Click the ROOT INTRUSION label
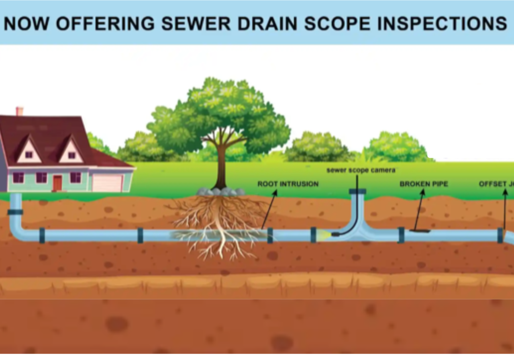tap(288, 184)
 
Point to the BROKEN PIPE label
tap(424, 184)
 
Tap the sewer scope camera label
tap(361, 170)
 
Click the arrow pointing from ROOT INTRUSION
tap(269, 209)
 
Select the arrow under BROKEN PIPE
tap(419, 209)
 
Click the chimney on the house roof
tap(19, 111)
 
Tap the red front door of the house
tap(57, 183)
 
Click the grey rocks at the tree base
tap(220, 192)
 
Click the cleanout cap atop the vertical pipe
tap(357, 191)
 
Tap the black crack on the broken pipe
tap(420, 231)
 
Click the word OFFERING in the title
tap(105, 24)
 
